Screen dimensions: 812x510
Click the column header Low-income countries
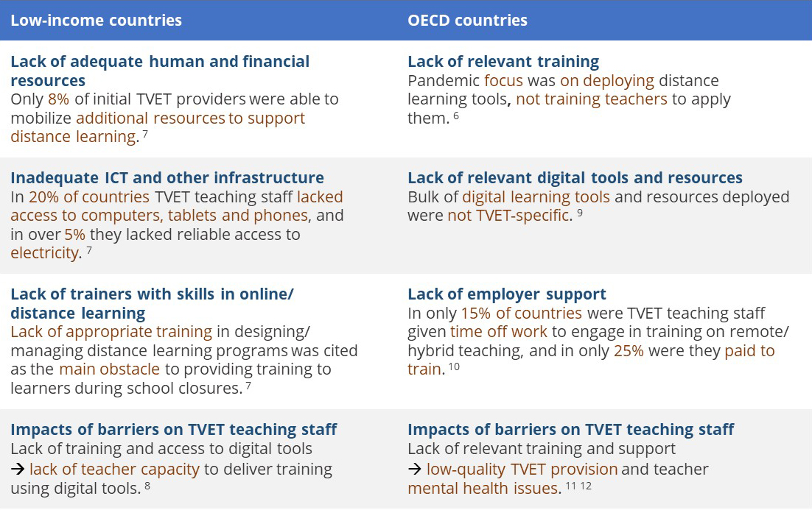[x=97, y=20]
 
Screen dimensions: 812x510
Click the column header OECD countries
[x=468, y=20]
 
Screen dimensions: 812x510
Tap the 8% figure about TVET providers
[x=58, y=99]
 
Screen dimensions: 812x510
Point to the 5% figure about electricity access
[x=74, y=234]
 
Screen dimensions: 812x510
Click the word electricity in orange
[x=44, y=253]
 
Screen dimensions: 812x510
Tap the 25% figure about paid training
[x=629, y=351]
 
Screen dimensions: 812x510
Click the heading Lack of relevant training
[x=503, y=62]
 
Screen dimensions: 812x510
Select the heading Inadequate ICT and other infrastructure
[x=167, y=177]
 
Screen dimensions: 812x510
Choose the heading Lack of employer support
[x=507, y=294]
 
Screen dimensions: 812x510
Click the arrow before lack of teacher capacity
[x=18, y=469]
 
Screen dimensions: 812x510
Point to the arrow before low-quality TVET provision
[x=415, y=469]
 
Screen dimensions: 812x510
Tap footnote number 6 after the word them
[x=456, y=115]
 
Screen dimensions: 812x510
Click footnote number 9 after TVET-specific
[x=580, y=212]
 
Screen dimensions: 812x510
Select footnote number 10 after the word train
[x=454, y=366]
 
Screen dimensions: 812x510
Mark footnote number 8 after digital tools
[x=147, y=485]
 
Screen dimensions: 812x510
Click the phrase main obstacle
[x=109, y=369]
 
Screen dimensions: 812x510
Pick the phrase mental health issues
[x=483, y=488]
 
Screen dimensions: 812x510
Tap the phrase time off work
[x=499, y=332]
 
